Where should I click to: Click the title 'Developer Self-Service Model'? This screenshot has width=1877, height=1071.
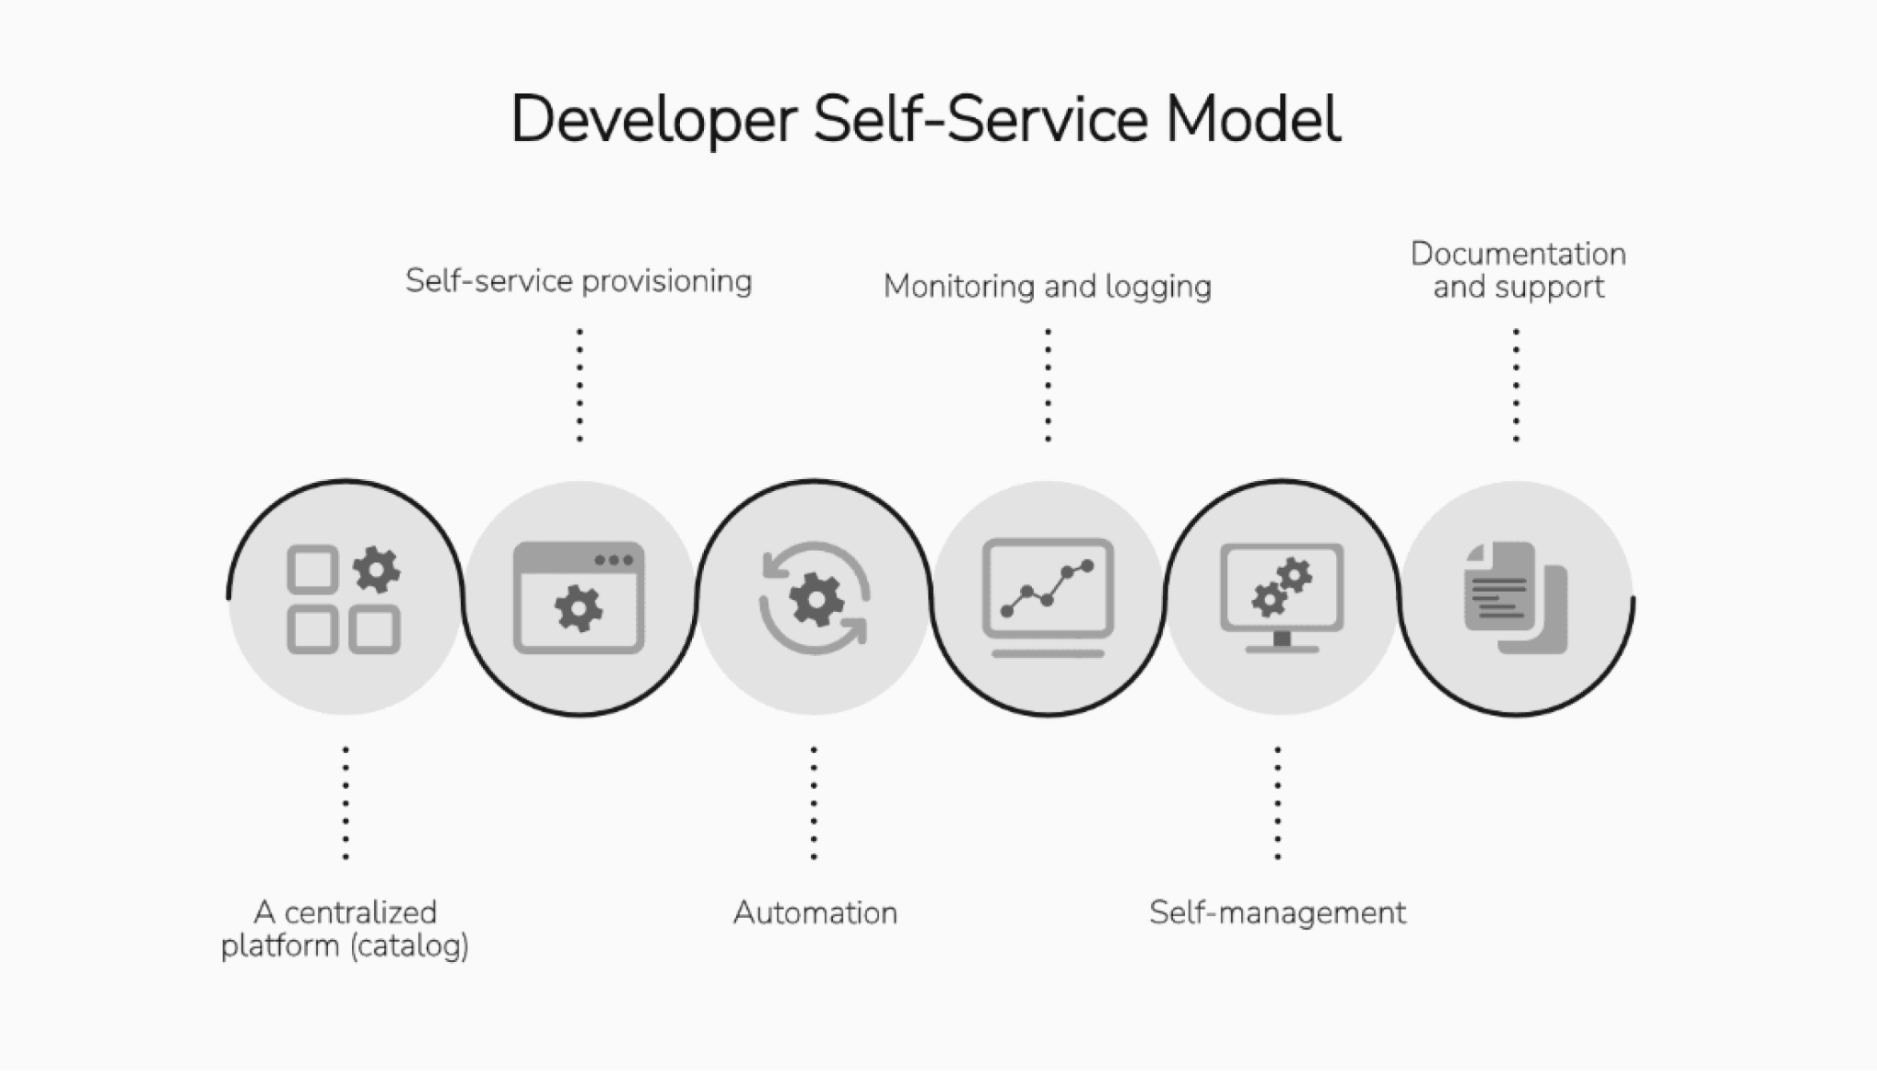pyautogui.click(x=926, y=119)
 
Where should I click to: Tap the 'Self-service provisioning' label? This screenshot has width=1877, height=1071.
pyautogui.click(x=578, y=280)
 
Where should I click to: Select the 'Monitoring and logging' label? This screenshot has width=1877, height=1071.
pyautogui.click(x=1047, y=286)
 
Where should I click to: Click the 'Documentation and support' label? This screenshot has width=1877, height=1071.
pyautogui.click(x=1518, y=270)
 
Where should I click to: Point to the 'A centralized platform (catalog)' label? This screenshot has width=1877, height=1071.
pyautogui.click(x=345, y=928)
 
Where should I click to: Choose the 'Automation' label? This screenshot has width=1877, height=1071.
pyautogui.click(x=815, y=913)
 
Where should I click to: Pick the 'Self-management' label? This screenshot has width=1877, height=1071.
pyautogui.click(x=1278, y=913)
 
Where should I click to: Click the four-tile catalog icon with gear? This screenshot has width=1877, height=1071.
pyautogui.click(x=344, y=599)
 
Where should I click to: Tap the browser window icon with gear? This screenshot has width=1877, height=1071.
pyautogui.click(x=578, y=597)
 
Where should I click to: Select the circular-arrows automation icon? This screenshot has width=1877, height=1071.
pyautogui.click(x=814, y=598)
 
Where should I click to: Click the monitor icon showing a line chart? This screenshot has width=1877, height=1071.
pyautogui.click(x=1048, y=596)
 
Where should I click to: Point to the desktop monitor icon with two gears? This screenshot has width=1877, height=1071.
pyautogui.click(x=1281, y=596)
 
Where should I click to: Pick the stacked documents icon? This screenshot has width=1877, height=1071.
pyautogui.click(x=1516, y=597)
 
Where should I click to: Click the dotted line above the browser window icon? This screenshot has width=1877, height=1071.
pyautogui.click(x=579, y=385)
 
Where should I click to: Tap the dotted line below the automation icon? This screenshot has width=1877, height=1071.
pyautogui.click(x=814, y=803)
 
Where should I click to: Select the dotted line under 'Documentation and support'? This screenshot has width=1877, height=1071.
pyautogui.click(x=1516, y=385)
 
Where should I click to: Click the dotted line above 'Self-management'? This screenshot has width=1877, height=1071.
pyautogui.click(x=1278, y=803)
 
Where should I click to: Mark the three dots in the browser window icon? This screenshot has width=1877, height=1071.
pyautogui.click(x=613, y=561)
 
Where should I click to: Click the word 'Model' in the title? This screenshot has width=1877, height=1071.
pyautogui.click(x=1253, y=119)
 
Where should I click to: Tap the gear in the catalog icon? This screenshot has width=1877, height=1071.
pyautogui.click(x=376, y=570)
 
